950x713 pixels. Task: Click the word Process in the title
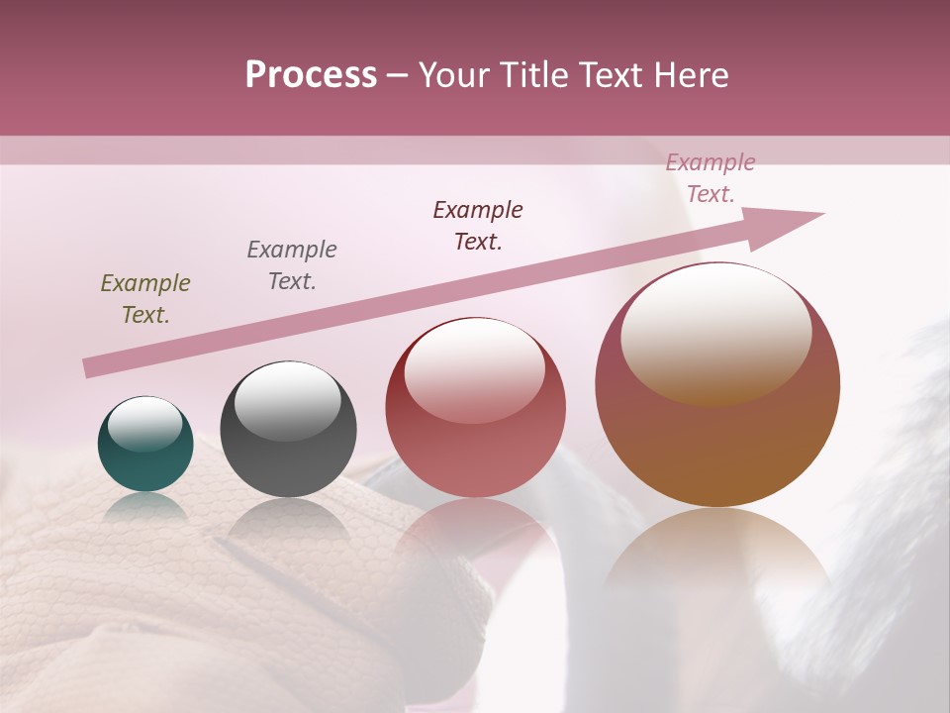(311, 75)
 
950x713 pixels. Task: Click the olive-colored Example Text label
(145, 299)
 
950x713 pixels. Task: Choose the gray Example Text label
(292, 265)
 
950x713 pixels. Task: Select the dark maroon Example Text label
(478, 226)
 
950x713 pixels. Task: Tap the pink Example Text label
(711, 178)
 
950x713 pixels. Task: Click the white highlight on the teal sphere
(144, 423)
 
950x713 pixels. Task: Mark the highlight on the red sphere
(474, 369)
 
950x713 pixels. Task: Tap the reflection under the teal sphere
(145, 507)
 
